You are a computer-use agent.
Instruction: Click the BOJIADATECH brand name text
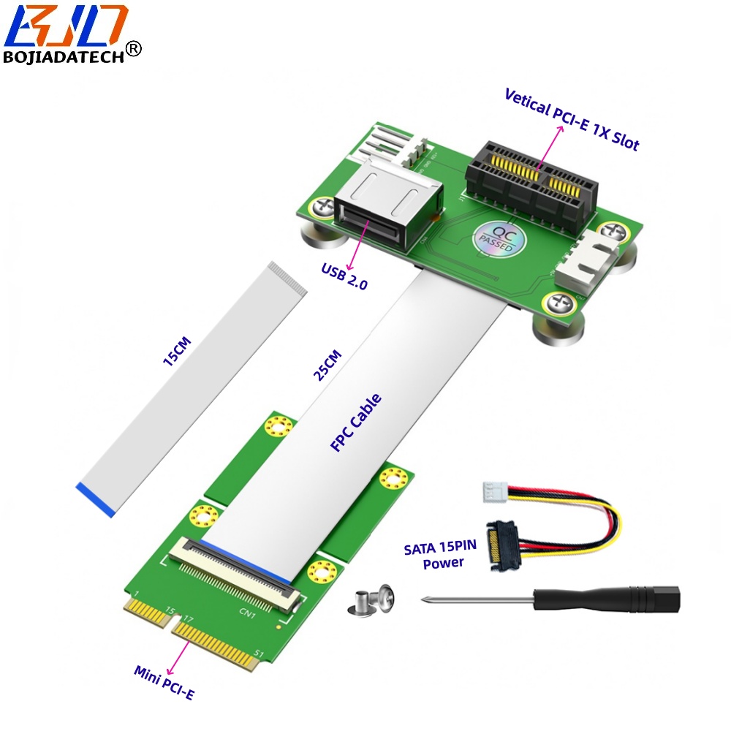tap(64, 57)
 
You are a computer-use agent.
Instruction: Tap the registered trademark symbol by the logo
tap(134, 48)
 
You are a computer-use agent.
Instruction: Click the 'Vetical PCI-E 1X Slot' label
tap(572, 119)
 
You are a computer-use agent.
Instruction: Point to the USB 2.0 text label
tap(344, 276)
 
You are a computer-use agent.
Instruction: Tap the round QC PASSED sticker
tap(499, 239)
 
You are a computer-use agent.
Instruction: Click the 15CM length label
tap(177, 351)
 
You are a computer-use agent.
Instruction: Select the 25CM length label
tap(327, 365)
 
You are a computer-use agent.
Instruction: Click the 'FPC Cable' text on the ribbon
tap(356, 423)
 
